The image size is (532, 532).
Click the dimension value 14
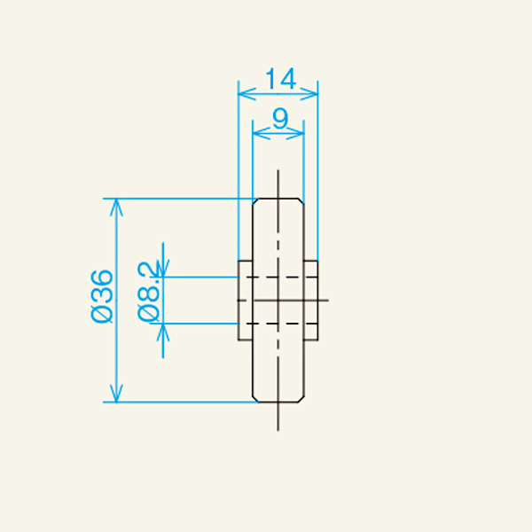[279, 79]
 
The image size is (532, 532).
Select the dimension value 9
[279, 119]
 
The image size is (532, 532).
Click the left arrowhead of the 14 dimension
[243, 91]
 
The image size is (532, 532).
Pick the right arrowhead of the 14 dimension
[313, 91]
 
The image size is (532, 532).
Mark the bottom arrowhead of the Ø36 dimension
[114, 396]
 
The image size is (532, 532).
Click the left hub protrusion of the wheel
[246, 300]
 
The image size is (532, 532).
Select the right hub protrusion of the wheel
[311, 300]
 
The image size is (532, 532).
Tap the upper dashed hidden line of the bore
[278, 277]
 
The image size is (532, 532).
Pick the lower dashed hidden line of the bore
[278, 324]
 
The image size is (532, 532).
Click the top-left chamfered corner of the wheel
[256, 201]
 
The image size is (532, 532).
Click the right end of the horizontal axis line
[328, 300]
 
